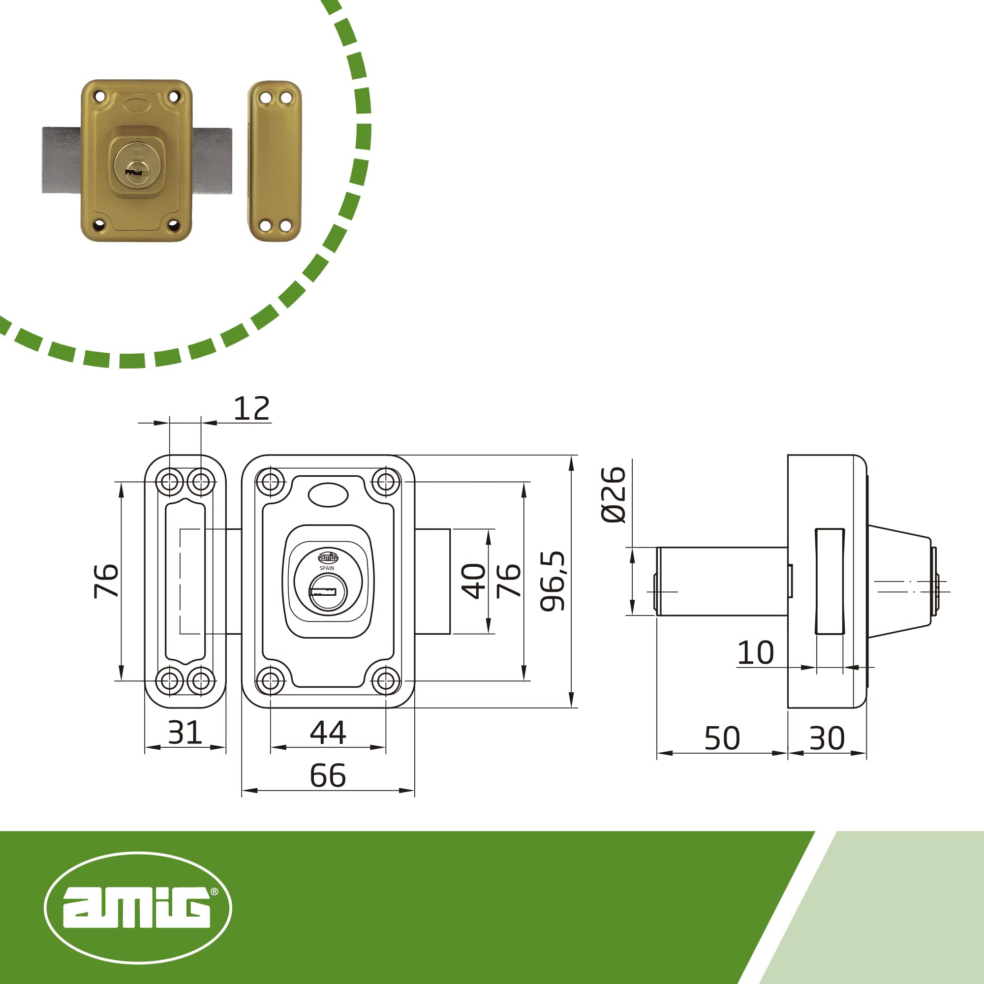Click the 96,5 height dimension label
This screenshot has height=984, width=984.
553,581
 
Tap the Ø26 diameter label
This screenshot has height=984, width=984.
613,494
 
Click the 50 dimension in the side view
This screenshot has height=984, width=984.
722,738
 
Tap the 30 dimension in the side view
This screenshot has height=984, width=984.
827,738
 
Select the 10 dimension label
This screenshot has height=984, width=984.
755,653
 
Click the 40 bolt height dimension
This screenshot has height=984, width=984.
474,581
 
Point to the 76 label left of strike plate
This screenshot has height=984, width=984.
106,581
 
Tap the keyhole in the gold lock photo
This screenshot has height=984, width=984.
136,172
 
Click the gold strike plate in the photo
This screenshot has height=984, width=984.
275,160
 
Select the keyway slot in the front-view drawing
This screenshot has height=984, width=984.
323,592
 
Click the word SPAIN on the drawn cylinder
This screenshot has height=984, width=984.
327,568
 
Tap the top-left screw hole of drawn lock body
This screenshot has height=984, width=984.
270,481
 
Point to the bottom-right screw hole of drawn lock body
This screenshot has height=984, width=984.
386,680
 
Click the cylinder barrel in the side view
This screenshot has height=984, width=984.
722,582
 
